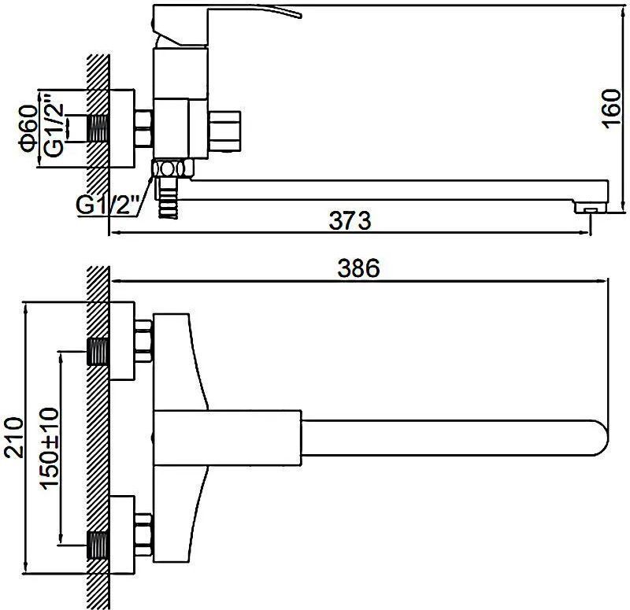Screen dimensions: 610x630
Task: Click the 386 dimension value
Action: [x=359, y=269]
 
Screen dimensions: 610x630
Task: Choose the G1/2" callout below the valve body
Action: [x=107, y=205]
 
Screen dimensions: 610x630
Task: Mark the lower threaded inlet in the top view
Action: [x=98, y=543]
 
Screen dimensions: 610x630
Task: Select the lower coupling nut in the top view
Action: [x=143, y=532]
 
